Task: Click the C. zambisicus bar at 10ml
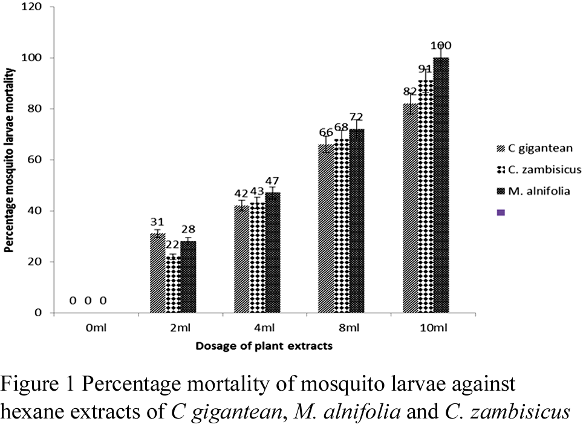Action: point(426,197)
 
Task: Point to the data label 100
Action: point(441,45)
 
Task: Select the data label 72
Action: point(356,116)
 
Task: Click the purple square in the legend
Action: point(501,213)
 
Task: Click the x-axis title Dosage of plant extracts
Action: point(264,347)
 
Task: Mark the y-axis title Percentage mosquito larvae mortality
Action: point(10,160)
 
